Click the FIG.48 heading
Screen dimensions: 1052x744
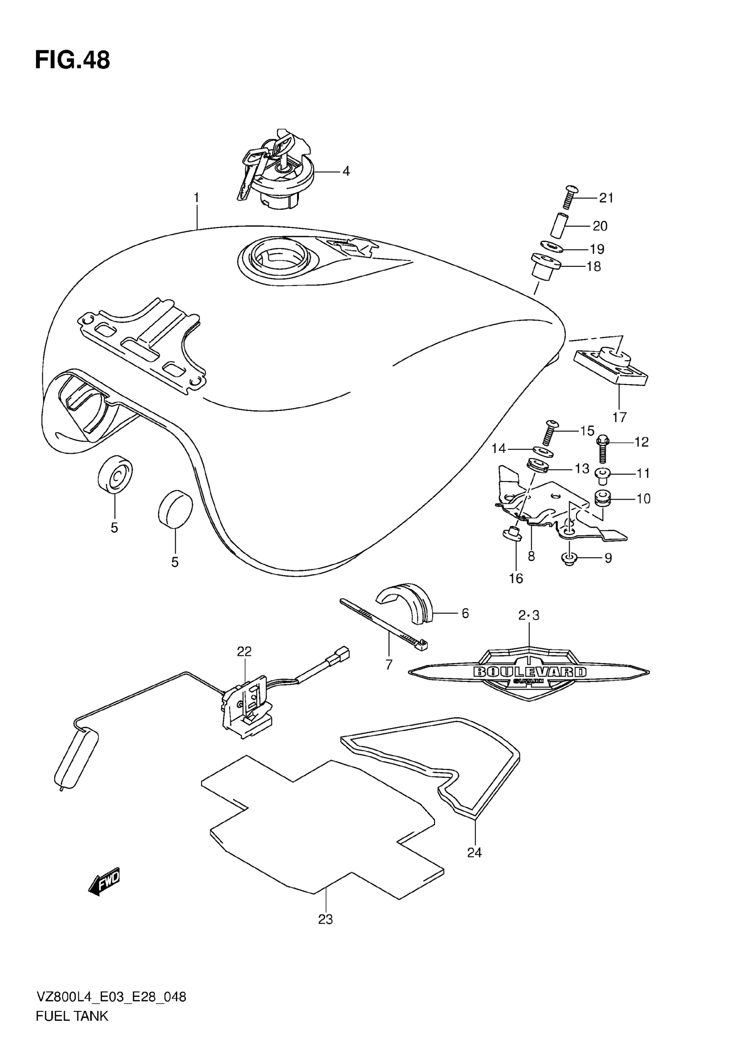72,60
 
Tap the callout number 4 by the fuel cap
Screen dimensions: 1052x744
346,172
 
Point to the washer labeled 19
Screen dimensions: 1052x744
551,247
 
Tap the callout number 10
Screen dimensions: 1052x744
643,498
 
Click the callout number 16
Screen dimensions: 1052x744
516,579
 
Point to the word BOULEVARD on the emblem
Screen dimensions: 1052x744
529,672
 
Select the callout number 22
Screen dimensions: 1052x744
244,651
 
